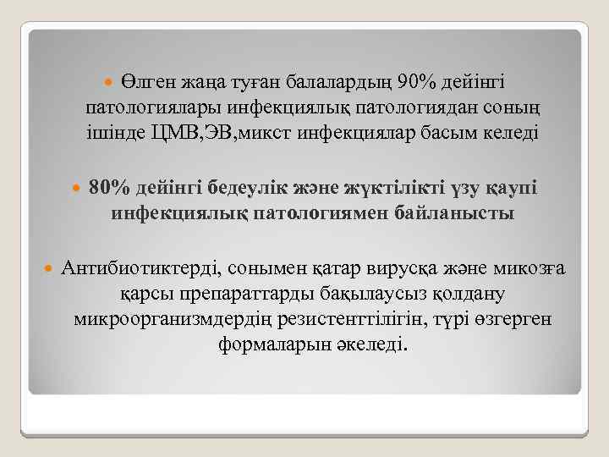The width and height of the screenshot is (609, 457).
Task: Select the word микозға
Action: [x=535, y=269]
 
